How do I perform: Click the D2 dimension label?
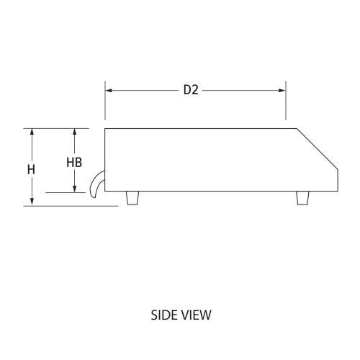[190, 91]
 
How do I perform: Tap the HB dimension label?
[74, 162]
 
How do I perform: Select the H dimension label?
[31, 170]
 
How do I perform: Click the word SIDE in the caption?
[163, 315]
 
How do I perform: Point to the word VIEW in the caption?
[194, 315]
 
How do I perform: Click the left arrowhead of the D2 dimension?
[109, 91]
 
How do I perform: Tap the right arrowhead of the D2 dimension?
[282, 91]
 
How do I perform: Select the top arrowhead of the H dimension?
[32, 132]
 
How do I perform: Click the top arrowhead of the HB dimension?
[74, 132]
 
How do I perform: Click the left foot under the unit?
[132, 199]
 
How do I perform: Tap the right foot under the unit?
[303, 199]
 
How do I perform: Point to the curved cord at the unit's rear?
[94, 184]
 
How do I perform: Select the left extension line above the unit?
[105, 101]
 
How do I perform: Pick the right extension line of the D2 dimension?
[286, 101]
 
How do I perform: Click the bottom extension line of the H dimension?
[72, 206]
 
